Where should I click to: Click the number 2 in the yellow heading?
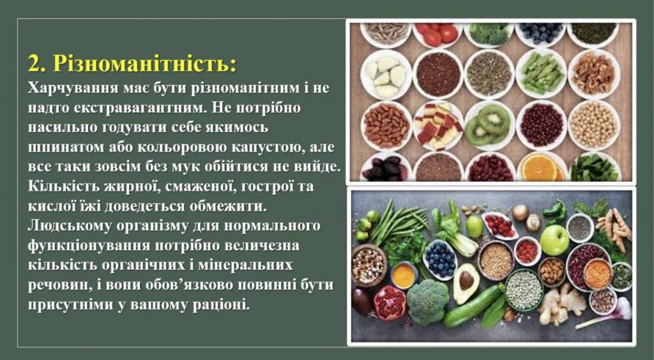coord(34,64)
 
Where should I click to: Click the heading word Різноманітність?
coord(144,64)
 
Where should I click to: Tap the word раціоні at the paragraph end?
coord(221,306)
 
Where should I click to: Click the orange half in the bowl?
coord(540,168)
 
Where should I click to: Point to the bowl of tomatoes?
coord(437,35)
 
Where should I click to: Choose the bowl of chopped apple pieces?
coord(438,125)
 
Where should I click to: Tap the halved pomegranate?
coord(390,302)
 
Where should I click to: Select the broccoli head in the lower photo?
coord(428,301)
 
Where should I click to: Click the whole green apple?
coord(554,240)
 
